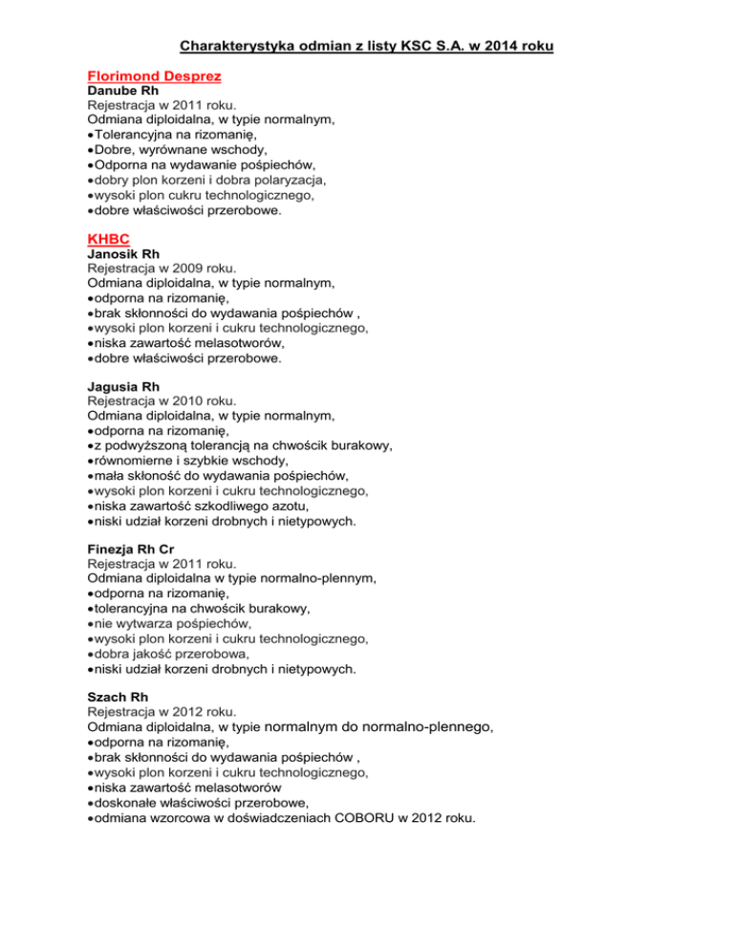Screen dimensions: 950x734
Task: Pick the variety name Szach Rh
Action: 118,696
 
